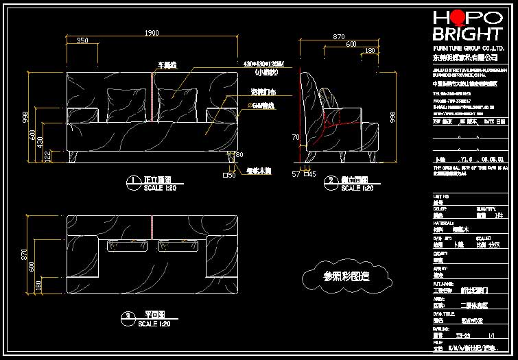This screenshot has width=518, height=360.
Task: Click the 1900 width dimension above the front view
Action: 152,33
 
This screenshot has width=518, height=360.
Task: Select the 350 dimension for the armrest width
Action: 82,40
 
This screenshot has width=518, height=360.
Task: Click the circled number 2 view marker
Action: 331,181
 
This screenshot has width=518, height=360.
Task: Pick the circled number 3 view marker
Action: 128,317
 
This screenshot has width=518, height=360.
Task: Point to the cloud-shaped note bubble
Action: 346,276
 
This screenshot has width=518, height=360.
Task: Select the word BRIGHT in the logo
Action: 467,34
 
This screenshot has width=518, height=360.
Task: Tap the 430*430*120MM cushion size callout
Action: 264,64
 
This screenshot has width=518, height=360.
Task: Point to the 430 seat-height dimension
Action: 40,142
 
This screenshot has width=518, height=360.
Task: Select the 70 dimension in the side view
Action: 296,138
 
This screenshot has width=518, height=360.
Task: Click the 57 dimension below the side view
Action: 296,175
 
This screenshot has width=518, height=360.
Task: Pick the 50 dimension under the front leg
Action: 231,176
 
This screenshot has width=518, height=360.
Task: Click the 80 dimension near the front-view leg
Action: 239,155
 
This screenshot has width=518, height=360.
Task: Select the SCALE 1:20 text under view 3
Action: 157,324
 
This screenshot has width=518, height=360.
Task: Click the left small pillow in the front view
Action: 123,104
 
